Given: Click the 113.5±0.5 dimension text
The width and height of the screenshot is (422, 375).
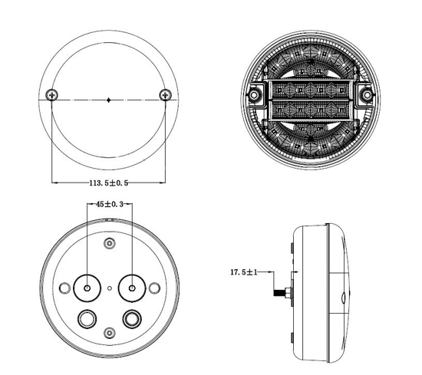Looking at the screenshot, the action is click(x=109, y=183).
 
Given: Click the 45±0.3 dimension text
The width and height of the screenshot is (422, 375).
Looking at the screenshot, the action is click(x=110, y=205).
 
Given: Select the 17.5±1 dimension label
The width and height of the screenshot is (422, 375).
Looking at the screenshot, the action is click(x=244, y=272).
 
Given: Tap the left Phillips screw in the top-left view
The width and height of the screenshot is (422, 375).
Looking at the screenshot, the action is click(x=51, y=94).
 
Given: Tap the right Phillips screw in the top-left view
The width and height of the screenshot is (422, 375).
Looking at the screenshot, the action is click(x=165, y=94).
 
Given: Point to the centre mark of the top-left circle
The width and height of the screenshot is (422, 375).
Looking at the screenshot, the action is click(x=108, y=100).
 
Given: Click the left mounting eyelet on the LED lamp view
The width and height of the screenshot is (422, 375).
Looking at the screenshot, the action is click(x=254, y=94).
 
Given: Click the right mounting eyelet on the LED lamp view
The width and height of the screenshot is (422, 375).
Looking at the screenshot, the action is click(x=367, y=94).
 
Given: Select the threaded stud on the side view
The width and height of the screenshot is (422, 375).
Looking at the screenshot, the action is click(x=282, y=292).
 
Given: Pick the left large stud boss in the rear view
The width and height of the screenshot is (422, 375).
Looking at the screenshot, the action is click(x=87, y=288).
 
